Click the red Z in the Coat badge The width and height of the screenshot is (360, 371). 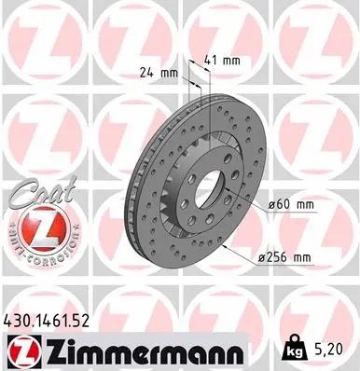coord(36,227)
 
